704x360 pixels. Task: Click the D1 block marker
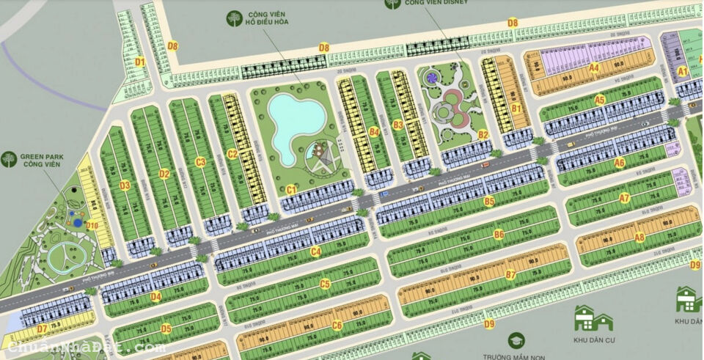tap(139, 62)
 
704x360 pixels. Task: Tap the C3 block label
tap(200, 162)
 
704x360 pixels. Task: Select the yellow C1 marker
tap(291, 190)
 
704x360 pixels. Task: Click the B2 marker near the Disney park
tap(483, 134)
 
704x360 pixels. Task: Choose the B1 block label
tap(516, 109)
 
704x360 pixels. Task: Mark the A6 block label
tap(620, 163)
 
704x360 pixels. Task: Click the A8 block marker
tap(639, 237)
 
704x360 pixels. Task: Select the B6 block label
tap(499, 235)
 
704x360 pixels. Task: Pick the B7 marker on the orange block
tap(511, 275)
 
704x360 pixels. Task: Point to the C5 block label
tap(326, 284)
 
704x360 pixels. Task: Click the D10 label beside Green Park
tap(92, 225)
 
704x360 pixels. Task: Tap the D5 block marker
tap(166, 329)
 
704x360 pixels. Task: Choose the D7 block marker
tap(42, 328)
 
